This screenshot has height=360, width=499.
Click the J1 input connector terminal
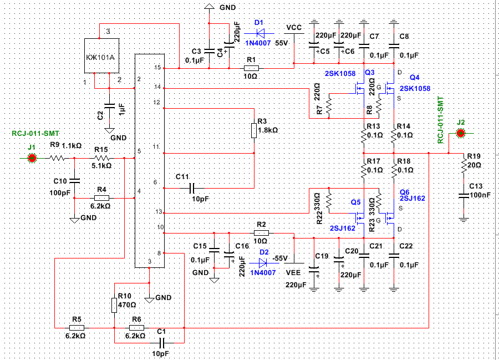[x=32, y=158]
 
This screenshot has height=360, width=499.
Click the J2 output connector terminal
[x=460, y=133]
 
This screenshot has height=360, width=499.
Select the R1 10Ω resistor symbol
[x=251, y=68]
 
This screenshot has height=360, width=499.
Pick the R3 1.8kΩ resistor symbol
[x=254, y=130]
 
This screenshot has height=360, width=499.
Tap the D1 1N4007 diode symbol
[x=260, y=33]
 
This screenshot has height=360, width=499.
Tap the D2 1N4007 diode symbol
[x=263, y=263]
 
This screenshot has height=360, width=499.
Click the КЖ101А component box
[x=101, y=55]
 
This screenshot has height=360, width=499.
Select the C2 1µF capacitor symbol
[x=109, y=106]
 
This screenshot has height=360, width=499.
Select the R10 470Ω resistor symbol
[x=114, y=305]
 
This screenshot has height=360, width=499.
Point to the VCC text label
[x=294, y=28]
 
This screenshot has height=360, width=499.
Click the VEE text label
[x=293, y=273]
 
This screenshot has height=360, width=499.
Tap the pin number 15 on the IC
[x=157, y=68]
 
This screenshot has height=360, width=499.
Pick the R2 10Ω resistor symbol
[x=261, y=233]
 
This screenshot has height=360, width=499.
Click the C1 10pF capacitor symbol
[x=161, y=343]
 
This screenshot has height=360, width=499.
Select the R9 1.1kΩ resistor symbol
[x=57, y=158]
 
